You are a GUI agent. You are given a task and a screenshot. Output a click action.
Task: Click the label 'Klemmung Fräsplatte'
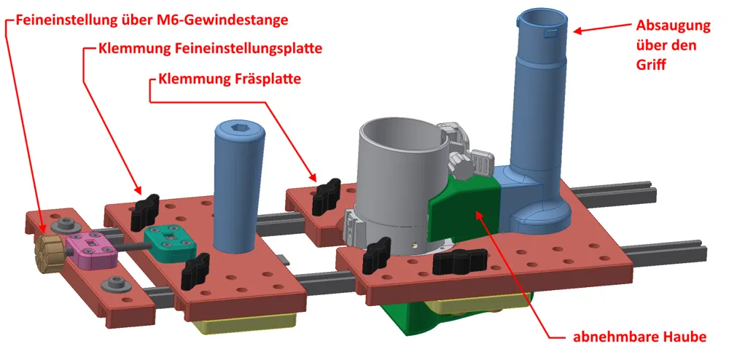(229, 79)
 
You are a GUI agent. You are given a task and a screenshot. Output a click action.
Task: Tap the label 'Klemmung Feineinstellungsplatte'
(210, 49)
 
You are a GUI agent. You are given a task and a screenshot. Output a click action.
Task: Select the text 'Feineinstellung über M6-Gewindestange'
(152, 20)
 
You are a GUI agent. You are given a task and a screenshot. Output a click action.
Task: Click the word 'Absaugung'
(673, 26)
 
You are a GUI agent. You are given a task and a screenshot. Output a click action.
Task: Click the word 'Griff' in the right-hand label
(651, 65)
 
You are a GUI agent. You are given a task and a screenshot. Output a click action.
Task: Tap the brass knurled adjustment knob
(48, 251)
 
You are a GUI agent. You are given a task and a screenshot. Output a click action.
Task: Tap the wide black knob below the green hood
(460, 261)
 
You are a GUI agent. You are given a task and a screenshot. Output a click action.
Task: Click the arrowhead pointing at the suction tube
(580, 31)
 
